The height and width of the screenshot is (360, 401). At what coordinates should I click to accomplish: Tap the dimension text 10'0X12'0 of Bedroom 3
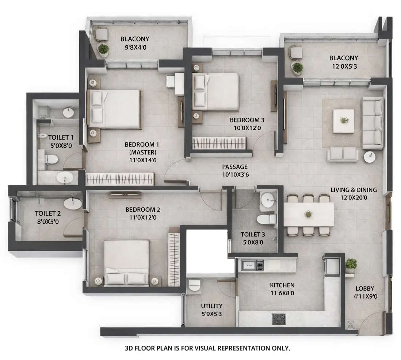point(247,128)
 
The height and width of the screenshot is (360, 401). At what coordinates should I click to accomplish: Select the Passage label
point(235,167)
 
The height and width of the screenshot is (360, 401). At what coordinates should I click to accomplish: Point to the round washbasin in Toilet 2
point(73,203)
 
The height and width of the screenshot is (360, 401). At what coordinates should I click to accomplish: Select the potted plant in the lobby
point(351,265)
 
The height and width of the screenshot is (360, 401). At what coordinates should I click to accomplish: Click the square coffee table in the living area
point(343,121)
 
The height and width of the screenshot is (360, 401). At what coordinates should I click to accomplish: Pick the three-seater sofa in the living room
point(373,123)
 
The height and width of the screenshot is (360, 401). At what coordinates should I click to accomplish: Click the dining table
point(309,215)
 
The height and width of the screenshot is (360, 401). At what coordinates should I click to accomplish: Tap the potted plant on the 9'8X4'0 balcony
point(103,50)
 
